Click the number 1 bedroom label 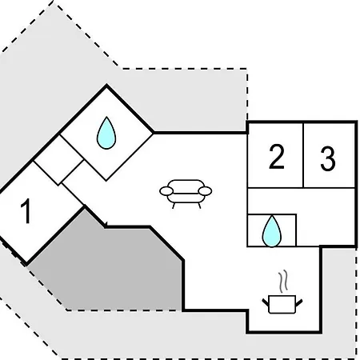tap(26, 211)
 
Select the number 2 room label tap(277, 157)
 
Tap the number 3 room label tap(328, 158)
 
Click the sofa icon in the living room tap(186, 194)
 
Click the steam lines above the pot tap(283, 282)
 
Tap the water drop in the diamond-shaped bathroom tap(106, 133)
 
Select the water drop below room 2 tap(272, 231)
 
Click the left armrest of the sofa tap(166, 191)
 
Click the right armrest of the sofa tap(206, 191)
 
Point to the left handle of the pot tap(266, 302)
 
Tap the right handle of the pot tap(299, 302)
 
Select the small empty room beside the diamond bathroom tap(58, 160)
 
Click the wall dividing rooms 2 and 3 tap(303, 155)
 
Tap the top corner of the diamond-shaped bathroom tap(106, 86)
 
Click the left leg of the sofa tap(174, 206)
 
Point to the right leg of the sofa tap(199, 206)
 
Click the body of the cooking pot tap(282, 304)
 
